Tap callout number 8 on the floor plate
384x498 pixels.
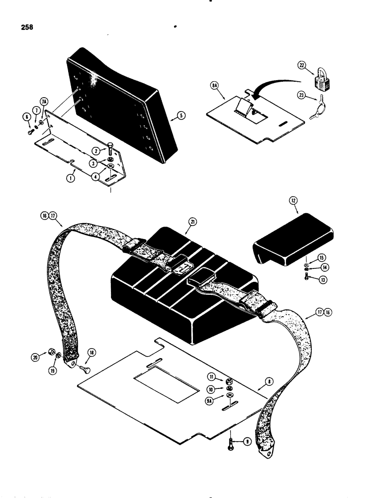(x=269, y=382)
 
